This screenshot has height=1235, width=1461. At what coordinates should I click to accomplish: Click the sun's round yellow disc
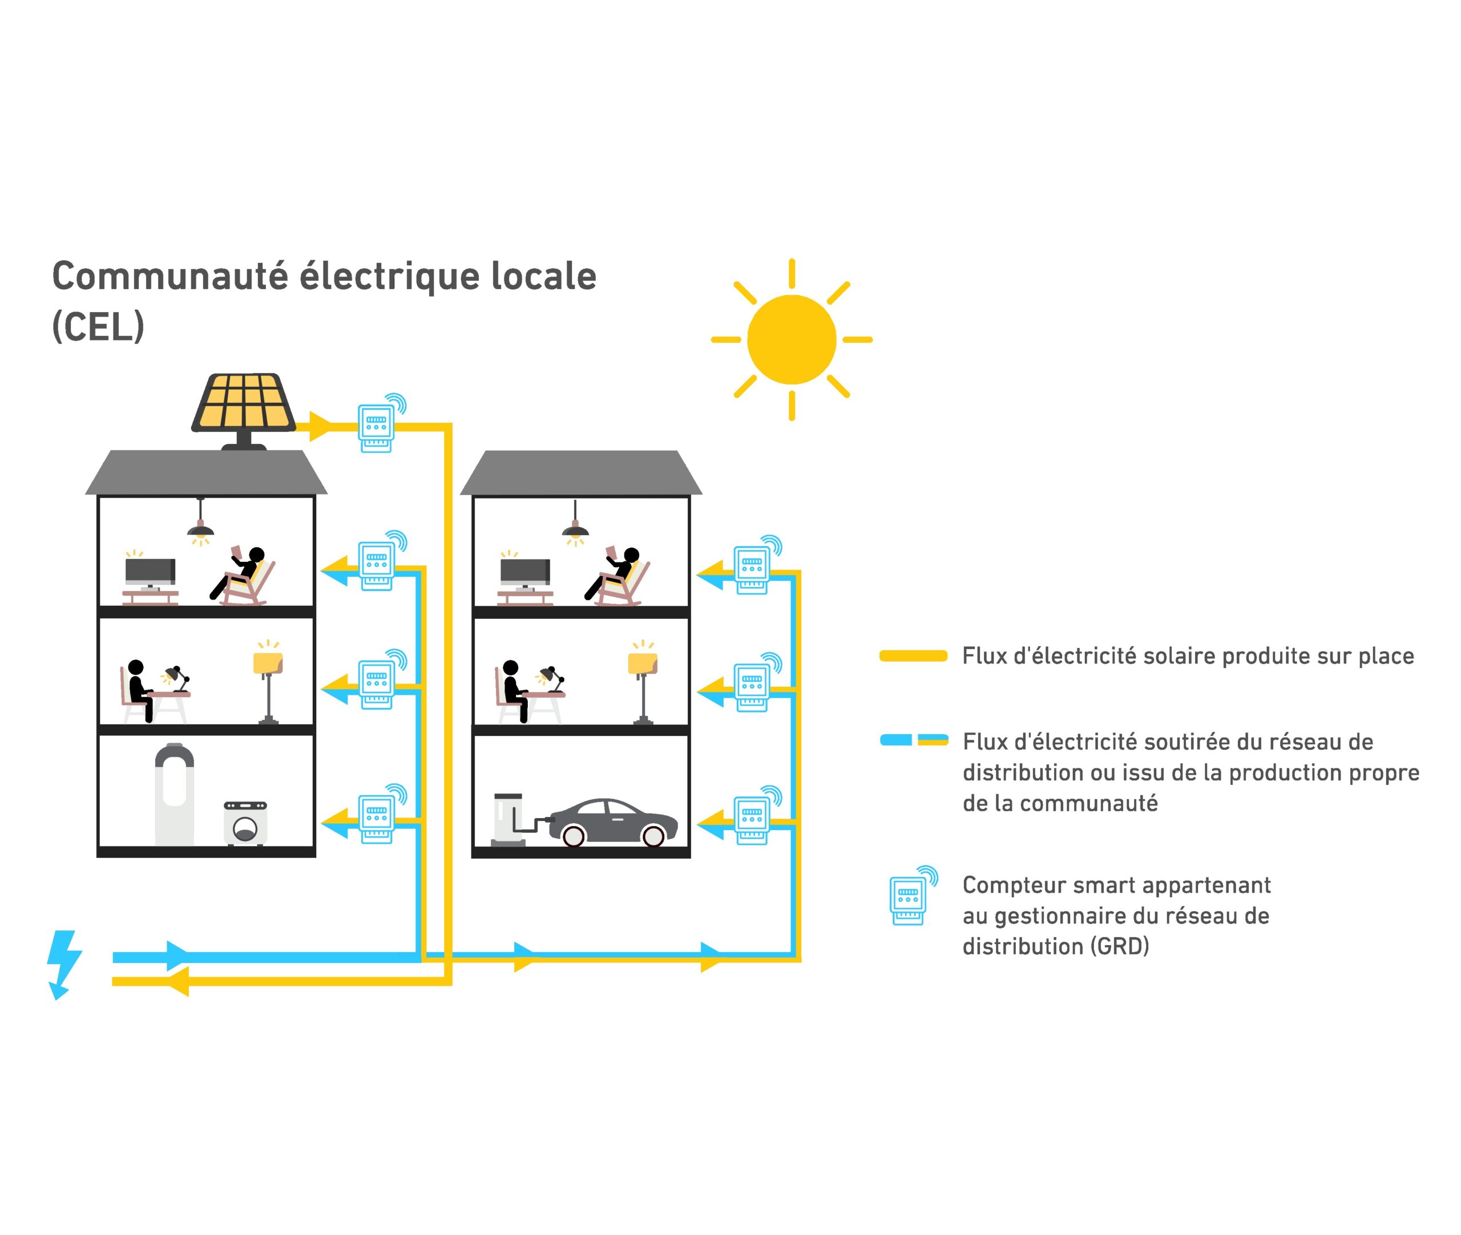pyautogui.click(x=791, y=339)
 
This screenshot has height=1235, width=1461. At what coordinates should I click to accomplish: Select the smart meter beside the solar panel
pyautogui.click(x=377, y=426)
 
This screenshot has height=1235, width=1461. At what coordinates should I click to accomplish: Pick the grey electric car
pyautogui.click(x=613, y=821)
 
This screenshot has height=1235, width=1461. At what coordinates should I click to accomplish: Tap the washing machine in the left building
pyautogui.click(x=245, y=823)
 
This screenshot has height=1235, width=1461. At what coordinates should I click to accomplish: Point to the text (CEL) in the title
pyautogui.click(x=98, y=326)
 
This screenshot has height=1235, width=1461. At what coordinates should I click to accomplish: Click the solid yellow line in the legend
pyautogui.click(x=913, y=656)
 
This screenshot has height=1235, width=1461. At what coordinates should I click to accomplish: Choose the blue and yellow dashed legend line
pyautogui.click(x=913, y=740)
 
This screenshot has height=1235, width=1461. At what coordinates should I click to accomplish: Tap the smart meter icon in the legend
pyautogui.click(x=909, y=898)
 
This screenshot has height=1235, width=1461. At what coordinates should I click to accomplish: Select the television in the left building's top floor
pyautogui.click(x=150, y=574)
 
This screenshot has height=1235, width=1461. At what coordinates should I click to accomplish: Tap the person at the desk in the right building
pyautogui.click(x=514, y=690)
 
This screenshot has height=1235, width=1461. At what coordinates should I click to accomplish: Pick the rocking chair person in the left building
pyautogui.click(x=244, y=575)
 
